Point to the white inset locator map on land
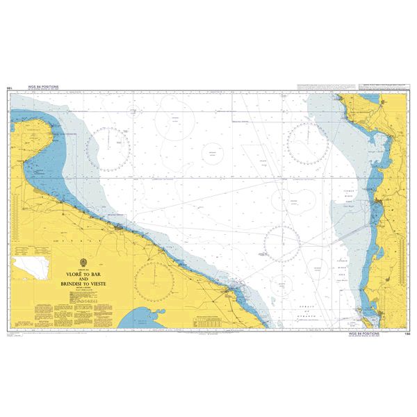point(32,265)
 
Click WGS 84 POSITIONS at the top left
point(42,87)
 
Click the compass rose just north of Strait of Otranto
point(281,243)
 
